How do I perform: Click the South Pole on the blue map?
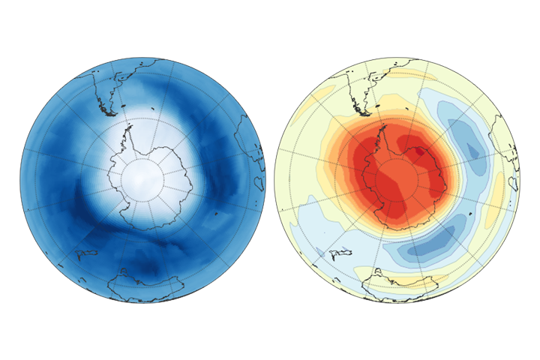(x=142, y=179)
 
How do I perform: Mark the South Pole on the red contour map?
(x=397, y=179)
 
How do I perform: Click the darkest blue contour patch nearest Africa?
(x=472, y=150)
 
